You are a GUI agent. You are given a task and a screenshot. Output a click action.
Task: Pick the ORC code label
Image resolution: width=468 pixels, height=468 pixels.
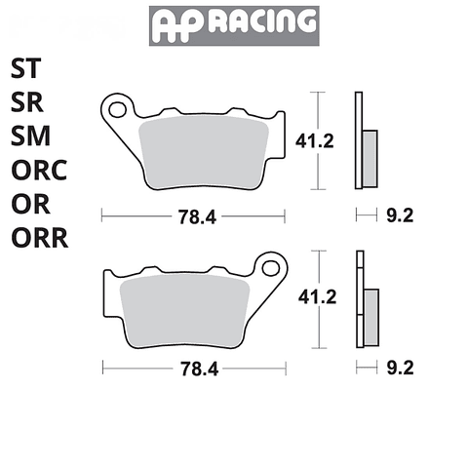coord(39,172)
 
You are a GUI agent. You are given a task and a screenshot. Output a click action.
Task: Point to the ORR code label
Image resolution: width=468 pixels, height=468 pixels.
coord(39,239)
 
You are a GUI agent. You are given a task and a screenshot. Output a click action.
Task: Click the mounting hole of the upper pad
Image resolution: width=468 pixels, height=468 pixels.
coord(117,105)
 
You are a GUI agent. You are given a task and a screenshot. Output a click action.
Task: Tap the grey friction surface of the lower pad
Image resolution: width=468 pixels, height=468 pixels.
coord(190,309)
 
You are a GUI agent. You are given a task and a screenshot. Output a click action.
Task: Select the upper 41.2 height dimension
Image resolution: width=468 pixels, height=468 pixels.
coord(314,141)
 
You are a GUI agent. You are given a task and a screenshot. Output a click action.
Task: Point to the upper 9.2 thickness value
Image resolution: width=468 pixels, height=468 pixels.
coord(401,216)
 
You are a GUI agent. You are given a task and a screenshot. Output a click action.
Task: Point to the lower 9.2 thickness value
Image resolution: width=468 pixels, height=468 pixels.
coord(401,368)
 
